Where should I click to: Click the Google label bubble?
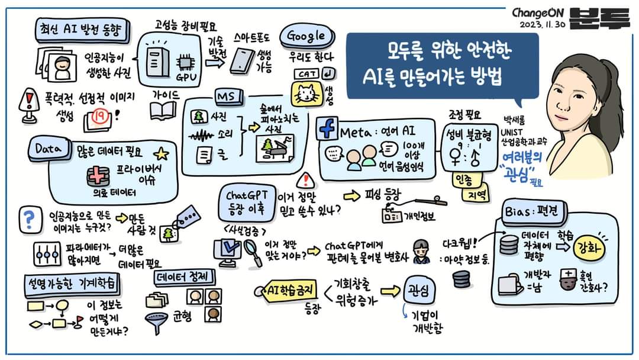tap(306, 36)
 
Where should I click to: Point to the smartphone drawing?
tap(241, 61)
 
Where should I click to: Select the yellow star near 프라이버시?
tap(160, 156)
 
